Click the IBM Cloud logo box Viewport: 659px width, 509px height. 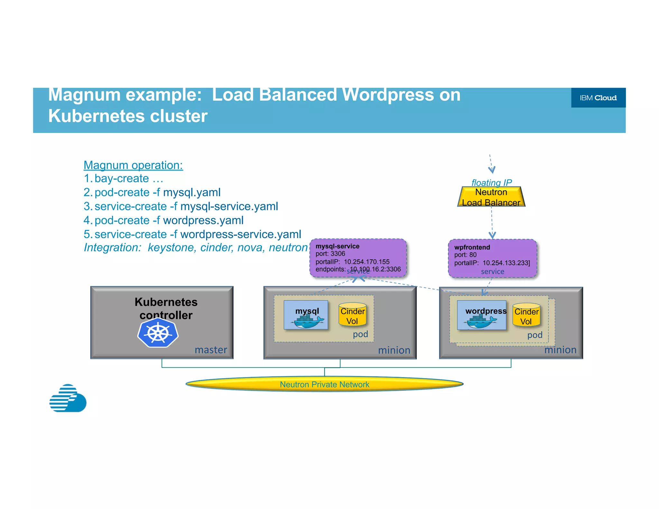[598, 97]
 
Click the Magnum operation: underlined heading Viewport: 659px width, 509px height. [133, 165]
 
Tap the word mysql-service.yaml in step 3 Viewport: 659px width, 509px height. [229, 206]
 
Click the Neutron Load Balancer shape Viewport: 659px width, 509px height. [491, 197]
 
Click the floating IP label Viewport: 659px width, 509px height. [491, 182]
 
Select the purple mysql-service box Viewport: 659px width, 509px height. [358, 257]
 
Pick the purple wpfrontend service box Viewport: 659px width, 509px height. [492, 258]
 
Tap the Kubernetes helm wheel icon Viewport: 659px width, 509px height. [158, 333]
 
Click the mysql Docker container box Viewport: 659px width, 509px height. [306, 315]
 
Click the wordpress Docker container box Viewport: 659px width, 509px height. [481, 315]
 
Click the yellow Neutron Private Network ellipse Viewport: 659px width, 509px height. [324, 384]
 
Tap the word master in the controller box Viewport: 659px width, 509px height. [211, 350]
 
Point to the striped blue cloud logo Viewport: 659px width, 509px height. [68, 398]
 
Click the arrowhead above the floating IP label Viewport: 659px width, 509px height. [492, 169]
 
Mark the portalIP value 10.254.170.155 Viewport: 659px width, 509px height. [367, 262]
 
